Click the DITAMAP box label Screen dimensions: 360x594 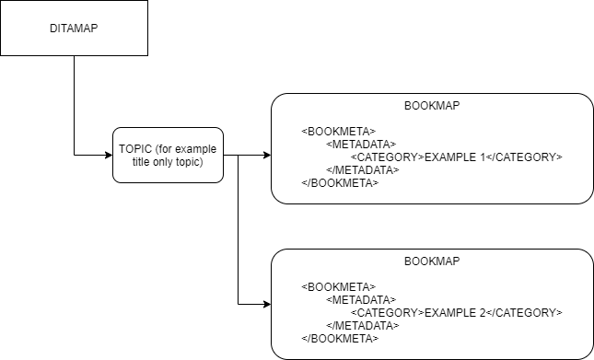(x=73, y=29)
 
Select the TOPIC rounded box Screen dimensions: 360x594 (x=168, y=155)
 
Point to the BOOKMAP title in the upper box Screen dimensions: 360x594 (x=432, y=106)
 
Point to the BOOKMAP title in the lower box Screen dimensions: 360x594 (x=432, y=261)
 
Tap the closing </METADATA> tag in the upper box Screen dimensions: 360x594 (x=363, y=169)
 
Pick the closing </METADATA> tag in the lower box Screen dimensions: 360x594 (x=363, y=325)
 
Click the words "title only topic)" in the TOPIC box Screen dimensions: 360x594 (x=168, y=162)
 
